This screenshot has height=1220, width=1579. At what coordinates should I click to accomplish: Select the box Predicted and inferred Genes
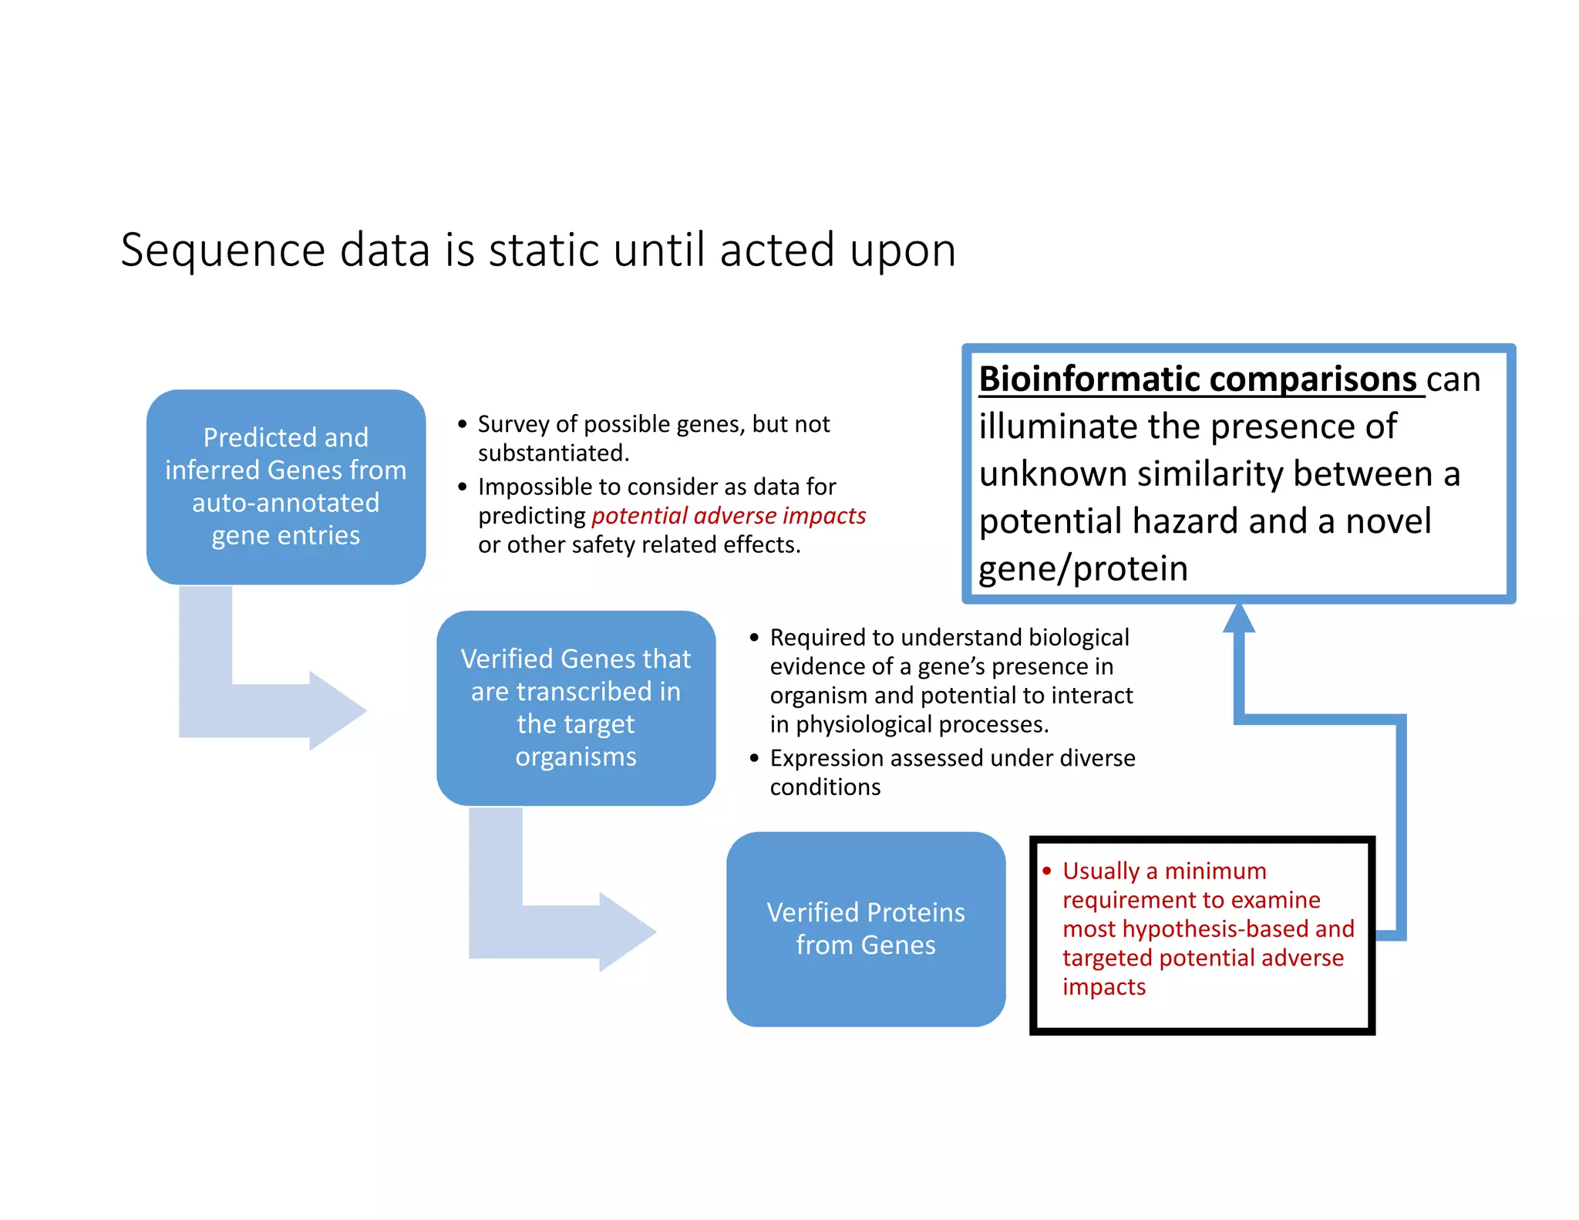(285, 487)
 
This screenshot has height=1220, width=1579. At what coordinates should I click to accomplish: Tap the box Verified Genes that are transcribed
(575, 707)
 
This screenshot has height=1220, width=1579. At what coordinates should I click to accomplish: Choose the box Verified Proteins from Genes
(865, 928)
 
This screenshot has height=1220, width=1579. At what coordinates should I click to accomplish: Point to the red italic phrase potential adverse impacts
(728, 515)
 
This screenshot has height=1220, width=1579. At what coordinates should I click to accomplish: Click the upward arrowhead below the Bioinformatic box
(1238, 618)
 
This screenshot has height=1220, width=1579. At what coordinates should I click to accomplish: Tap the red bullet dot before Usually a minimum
(1046, 871)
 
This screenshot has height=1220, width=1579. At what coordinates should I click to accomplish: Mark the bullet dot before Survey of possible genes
(462, 424)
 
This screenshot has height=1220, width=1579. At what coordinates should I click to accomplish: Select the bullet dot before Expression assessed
(754, 758)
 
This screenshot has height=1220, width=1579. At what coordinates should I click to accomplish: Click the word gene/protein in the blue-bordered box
(1082, 569)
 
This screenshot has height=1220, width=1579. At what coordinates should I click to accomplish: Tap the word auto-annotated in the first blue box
(285, 503)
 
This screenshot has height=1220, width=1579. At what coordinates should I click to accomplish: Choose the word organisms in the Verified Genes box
(575, 757)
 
